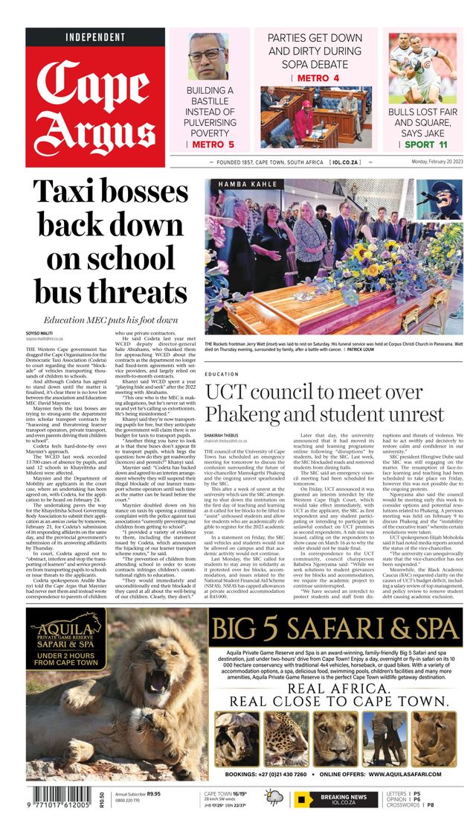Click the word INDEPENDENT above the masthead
(95, 37)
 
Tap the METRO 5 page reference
(213, 145)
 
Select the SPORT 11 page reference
(426, 145)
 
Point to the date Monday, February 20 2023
(428, 162)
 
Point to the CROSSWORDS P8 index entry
(404, 805)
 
